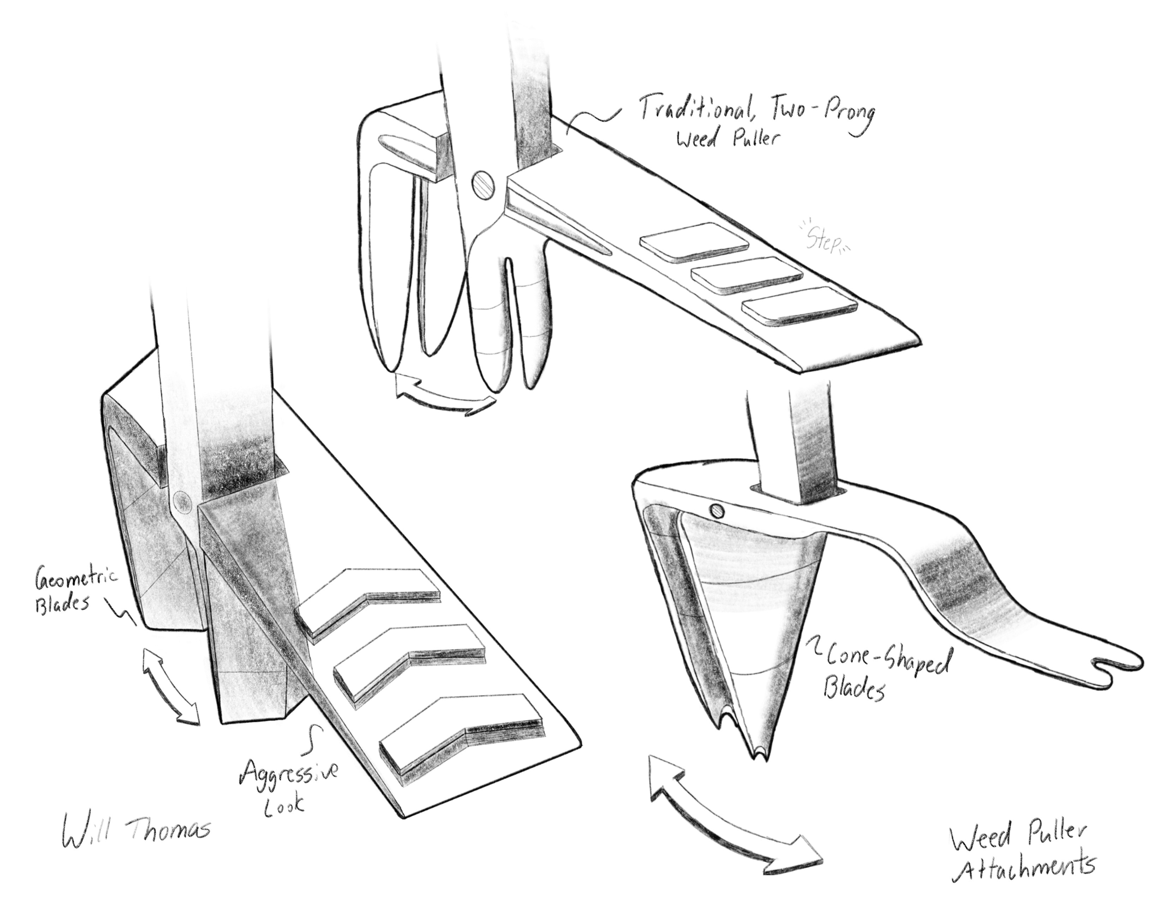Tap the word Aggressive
pos(288,772)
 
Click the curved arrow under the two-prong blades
pos(443,395)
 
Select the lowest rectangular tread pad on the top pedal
pos(799,306)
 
